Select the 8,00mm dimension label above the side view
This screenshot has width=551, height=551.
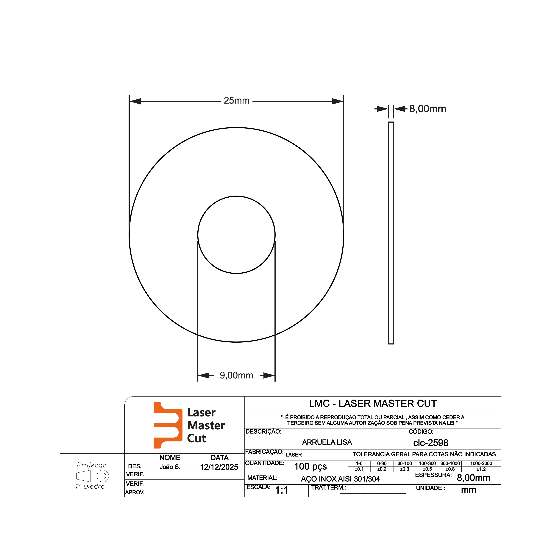pyautogui.click(x=427, y=109)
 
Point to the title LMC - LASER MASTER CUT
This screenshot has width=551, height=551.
pyautogui.click(x=373, y=404)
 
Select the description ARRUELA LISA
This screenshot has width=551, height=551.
pyautogui.click(x=327, y=442)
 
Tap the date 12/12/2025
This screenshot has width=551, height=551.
pyautogui.click(x=219, y=467)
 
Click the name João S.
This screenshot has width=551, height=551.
pyautogui.click(x=170, y=467)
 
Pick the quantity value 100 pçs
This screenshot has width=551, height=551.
pyautogui.click(x=310, y=466)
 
